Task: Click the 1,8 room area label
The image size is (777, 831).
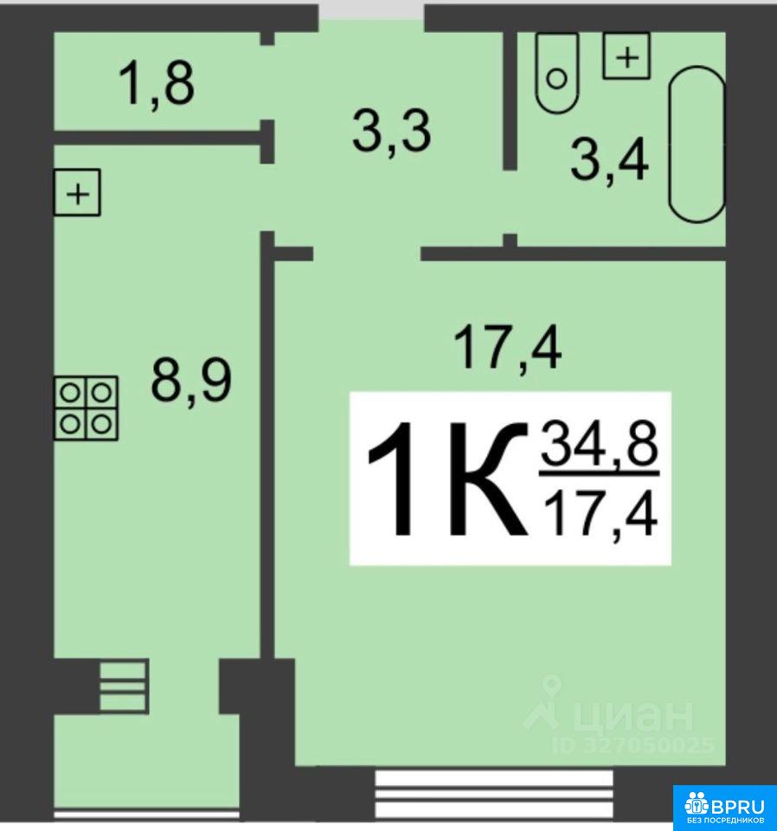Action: pos(157,84)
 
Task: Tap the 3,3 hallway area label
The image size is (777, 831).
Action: pos(392,131)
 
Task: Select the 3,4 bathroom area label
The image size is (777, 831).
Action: pos(609,159)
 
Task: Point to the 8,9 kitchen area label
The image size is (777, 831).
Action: pos(191,381)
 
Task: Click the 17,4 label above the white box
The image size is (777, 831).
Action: pos(508,348)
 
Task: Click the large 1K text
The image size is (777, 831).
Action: pos(448,479)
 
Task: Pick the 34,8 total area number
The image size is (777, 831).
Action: pos(599,445)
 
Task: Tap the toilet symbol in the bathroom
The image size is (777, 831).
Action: pos(556,73)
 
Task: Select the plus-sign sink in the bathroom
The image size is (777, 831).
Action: pos(626,55)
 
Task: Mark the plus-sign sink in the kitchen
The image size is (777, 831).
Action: pos(77,192)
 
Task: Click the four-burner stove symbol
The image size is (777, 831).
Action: pos(86,408)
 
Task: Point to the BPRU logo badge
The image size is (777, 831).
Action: pos(725,808)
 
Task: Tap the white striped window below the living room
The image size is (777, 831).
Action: pos(494,794)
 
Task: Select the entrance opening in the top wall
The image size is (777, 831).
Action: pos(371,10)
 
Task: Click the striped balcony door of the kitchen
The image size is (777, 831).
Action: pos(125,686)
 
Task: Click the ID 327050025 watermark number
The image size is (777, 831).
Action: pos(633,745)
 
